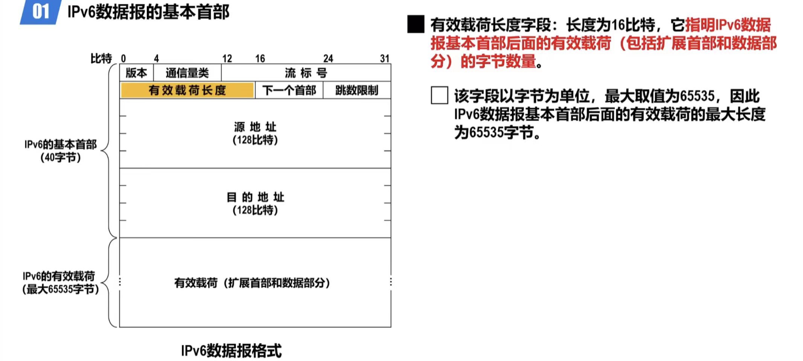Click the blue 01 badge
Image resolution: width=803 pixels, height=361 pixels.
coord(41,12)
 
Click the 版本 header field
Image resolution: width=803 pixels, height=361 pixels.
coord(136,73)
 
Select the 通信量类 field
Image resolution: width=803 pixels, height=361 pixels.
coord(187,73)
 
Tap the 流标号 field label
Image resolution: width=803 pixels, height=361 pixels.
coord(306,73)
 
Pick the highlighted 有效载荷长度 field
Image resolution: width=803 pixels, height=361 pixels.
coord(187,90)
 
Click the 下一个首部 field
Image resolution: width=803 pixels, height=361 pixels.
coord(289,90)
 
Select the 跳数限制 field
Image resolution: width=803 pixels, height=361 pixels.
coord(357,90)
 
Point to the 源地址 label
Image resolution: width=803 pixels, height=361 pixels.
coord(255,127)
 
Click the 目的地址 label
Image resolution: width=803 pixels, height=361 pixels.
coord(255,197)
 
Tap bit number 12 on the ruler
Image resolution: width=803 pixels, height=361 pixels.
coord(227,59)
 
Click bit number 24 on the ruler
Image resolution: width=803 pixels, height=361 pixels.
coord(328,59)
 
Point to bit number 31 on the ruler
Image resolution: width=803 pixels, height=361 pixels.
coord(384,59)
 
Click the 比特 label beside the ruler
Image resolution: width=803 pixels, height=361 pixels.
coord(101,59)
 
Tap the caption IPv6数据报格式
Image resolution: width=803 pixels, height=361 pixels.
coord(231,351)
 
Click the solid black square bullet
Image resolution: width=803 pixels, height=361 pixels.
coord(416,24)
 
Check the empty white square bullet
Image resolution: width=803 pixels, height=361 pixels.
coord(439,95)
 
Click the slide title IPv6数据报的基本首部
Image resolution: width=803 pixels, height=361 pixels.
coord(148,12)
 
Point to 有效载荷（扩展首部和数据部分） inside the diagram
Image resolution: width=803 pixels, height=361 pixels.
coord(252,283)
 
